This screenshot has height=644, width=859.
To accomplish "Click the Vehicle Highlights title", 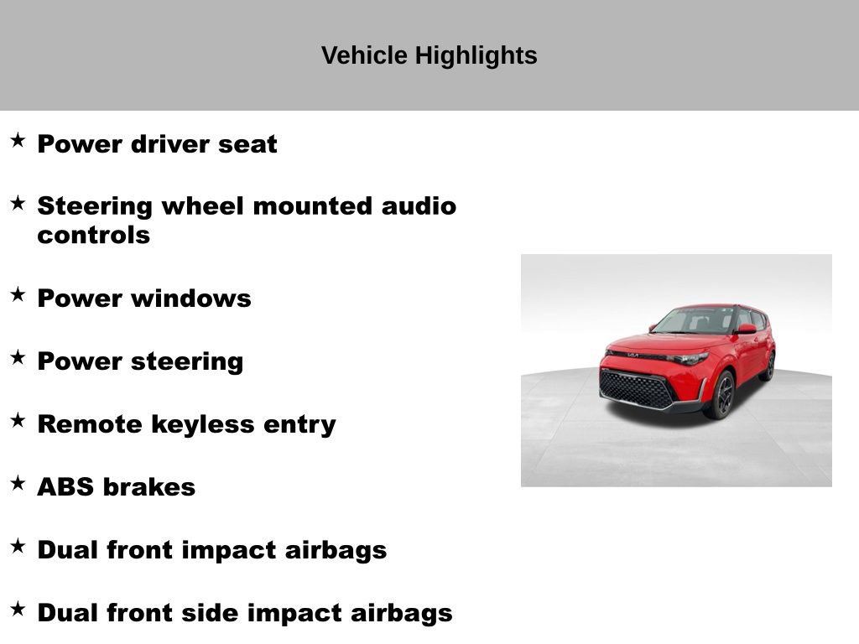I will coord(429,56).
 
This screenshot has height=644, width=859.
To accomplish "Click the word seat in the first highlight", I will coord(247,144).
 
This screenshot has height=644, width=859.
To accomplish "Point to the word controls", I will coord(93,235).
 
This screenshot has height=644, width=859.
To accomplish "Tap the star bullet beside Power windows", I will coord(18,294).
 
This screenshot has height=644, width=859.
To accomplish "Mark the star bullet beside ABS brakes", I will coord(18,483).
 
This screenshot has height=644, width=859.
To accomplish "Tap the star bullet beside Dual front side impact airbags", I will coord(18,609).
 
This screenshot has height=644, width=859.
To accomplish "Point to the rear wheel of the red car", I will coord(768,366).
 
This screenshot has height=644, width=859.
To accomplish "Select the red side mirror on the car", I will coord(746,329).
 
